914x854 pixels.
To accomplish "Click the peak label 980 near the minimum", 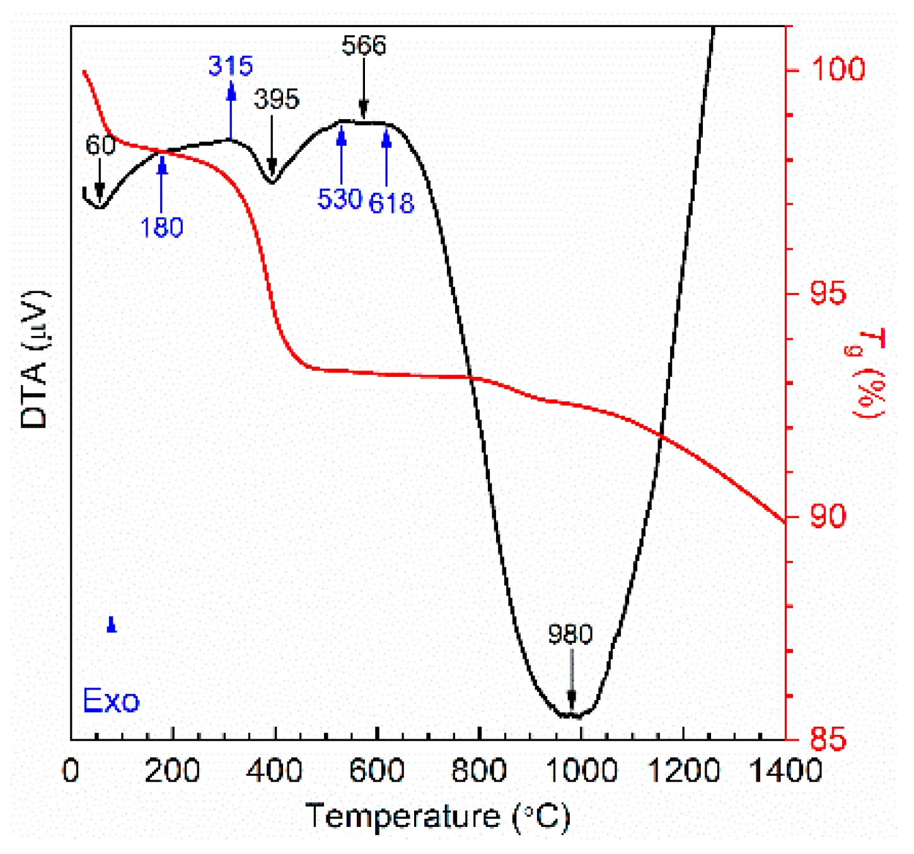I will [x=570, y=634].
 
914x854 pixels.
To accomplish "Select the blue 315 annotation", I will [x=230, y=66].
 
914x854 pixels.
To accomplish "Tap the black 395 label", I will [x=276, y=99].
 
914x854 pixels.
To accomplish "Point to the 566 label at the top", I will [x=364, y=45].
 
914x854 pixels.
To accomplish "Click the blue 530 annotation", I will [x=339, y=199].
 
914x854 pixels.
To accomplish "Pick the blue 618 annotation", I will [x=391, y=203].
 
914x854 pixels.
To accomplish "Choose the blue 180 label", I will [x=161, y=228].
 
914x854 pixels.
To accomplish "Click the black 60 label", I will [x=100, y=146].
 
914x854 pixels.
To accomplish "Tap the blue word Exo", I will [x=111, y=701].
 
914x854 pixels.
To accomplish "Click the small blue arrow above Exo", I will [x=112, y=624].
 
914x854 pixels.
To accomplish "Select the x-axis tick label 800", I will [x=479, y=771].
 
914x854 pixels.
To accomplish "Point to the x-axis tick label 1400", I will [x=785, y=771].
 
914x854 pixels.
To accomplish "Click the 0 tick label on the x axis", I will [x=71, y=771].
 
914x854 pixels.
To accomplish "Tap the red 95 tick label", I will [x=828, y=294].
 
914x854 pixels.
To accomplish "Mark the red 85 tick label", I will [x=828, y=739].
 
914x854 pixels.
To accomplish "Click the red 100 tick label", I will [x=838, y=68].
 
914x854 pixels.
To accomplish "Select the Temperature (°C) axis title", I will [x=437, y=817].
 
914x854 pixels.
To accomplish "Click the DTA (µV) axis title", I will [x=35, y=359].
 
